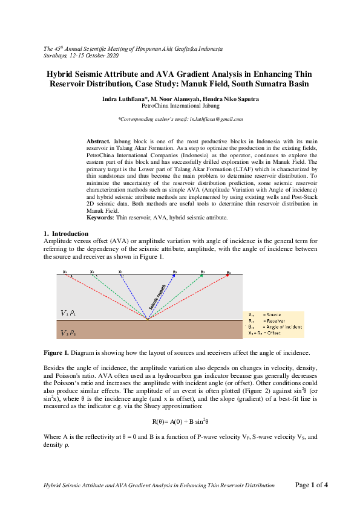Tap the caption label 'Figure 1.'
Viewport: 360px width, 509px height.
(58, 352)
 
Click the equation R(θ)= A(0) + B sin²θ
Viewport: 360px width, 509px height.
(180, 421)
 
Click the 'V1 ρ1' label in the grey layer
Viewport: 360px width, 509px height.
(68, 313)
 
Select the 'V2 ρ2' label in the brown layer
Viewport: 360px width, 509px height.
(68, 332)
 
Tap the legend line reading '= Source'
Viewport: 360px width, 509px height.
(273, 315)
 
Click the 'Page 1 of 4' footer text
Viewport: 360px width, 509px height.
(311, 485)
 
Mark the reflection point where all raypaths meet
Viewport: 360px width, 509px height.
(148, 319)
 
